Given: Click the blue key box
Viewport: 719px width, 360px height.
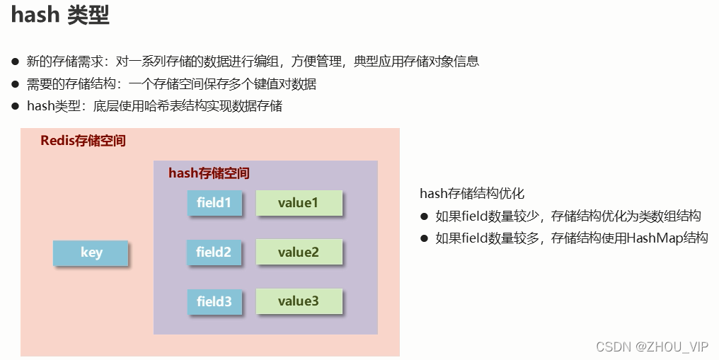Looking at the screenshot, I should (91, 252).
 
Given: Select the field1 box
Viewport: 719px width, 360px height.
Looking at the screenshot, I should (214, 203).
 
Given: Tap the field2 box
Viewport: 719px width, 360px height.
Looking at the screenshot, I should (214, 252).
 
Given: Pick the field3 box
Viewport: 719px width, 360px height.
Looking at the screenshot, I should (214, 301).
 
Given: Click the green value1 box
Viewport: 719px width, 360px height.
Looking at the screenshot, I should (299, 203).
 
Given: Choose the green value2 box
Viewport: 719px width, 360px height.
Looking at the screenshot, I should (299, 252).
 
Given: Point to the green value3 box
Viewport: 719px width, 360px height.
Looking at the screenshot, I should (299, 301).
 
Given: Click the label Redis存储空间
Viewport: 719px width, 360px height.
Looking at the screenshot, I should (83, 141).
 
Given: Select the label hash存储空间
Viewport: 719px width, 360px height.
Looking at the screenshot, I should (209, 173).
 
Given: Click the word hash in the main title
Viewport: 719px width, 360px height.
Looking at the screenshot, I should (34, 16).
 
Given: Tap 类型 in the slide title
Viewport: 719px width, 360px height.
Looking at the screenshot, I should (88, 16).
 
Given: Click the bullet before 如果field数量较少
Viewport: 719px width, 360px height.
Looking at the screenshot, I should (425, 216).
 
